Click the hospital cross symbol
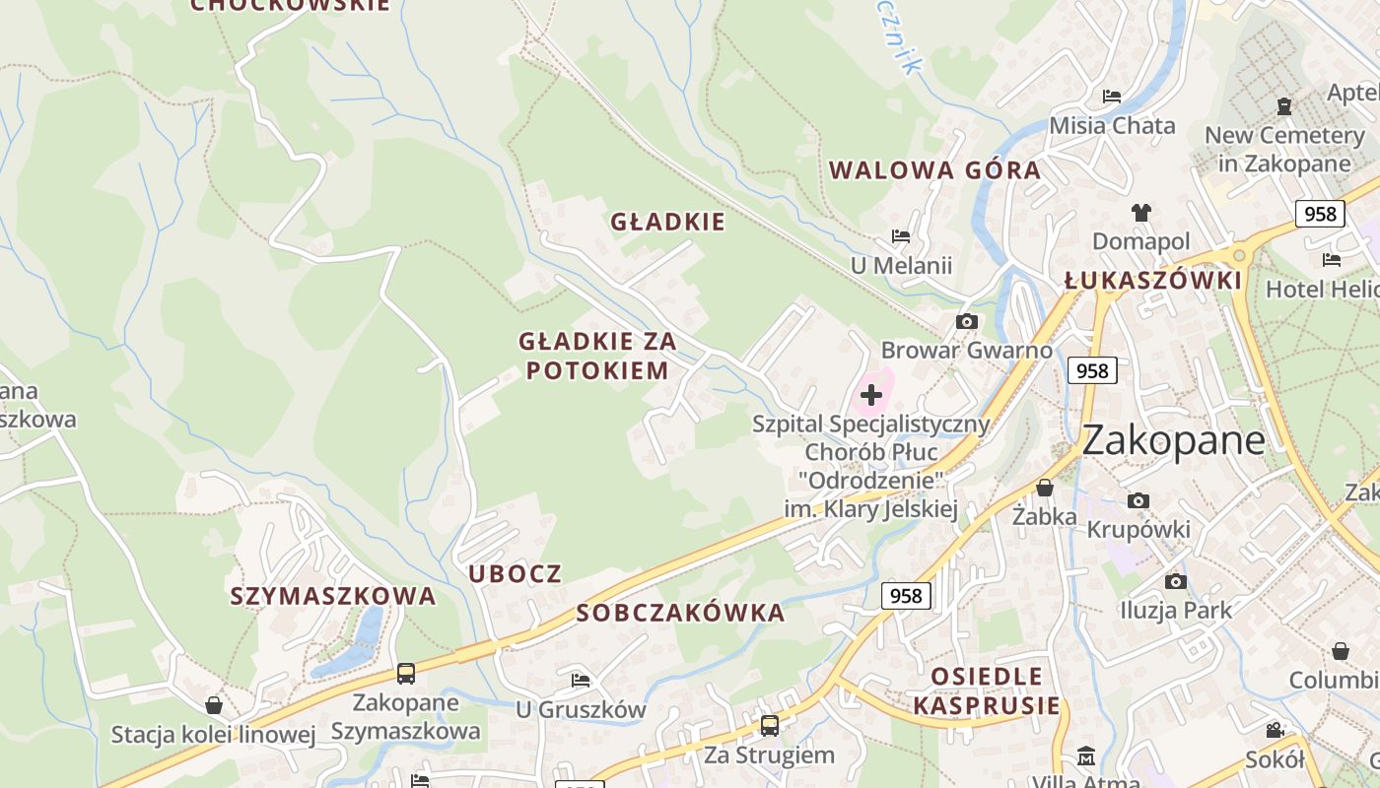871,395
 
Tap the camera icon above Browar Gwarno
966,321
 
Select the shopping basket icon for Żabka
1045,488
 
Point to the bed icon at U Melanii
900,236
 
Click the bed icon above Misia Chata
1112,97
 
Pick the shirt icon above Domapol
1140,212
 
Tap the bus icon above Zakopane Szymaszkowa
406,674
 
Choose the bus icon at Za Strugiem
769,726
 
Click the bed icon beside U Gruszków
581,681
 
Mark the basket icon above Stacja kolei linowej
214,705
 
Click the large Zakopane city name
1173,440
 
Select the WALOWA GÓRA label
934,170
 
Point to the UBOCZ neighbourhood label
515,573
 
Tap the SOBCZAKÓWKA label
680,613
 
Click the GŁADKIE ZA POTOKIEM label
597,356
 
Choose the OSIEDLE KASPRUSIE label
987,690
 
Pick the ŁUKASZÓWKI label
1152,281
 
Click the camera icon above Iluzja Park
1175,581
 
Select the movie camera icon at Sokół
1275,730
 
